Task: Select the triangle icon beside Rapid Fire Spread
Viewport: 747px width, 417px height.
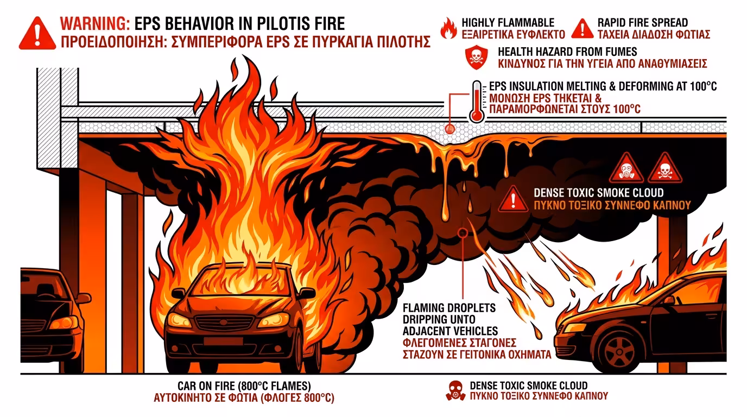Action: [x=583, y=28]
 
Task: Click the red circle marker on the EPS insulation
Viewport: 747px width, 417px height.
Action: [x=450, y=129]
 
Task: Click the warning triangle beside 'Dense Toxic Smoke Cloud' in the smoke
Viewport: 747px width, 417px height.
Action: [x=512, y=199]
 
